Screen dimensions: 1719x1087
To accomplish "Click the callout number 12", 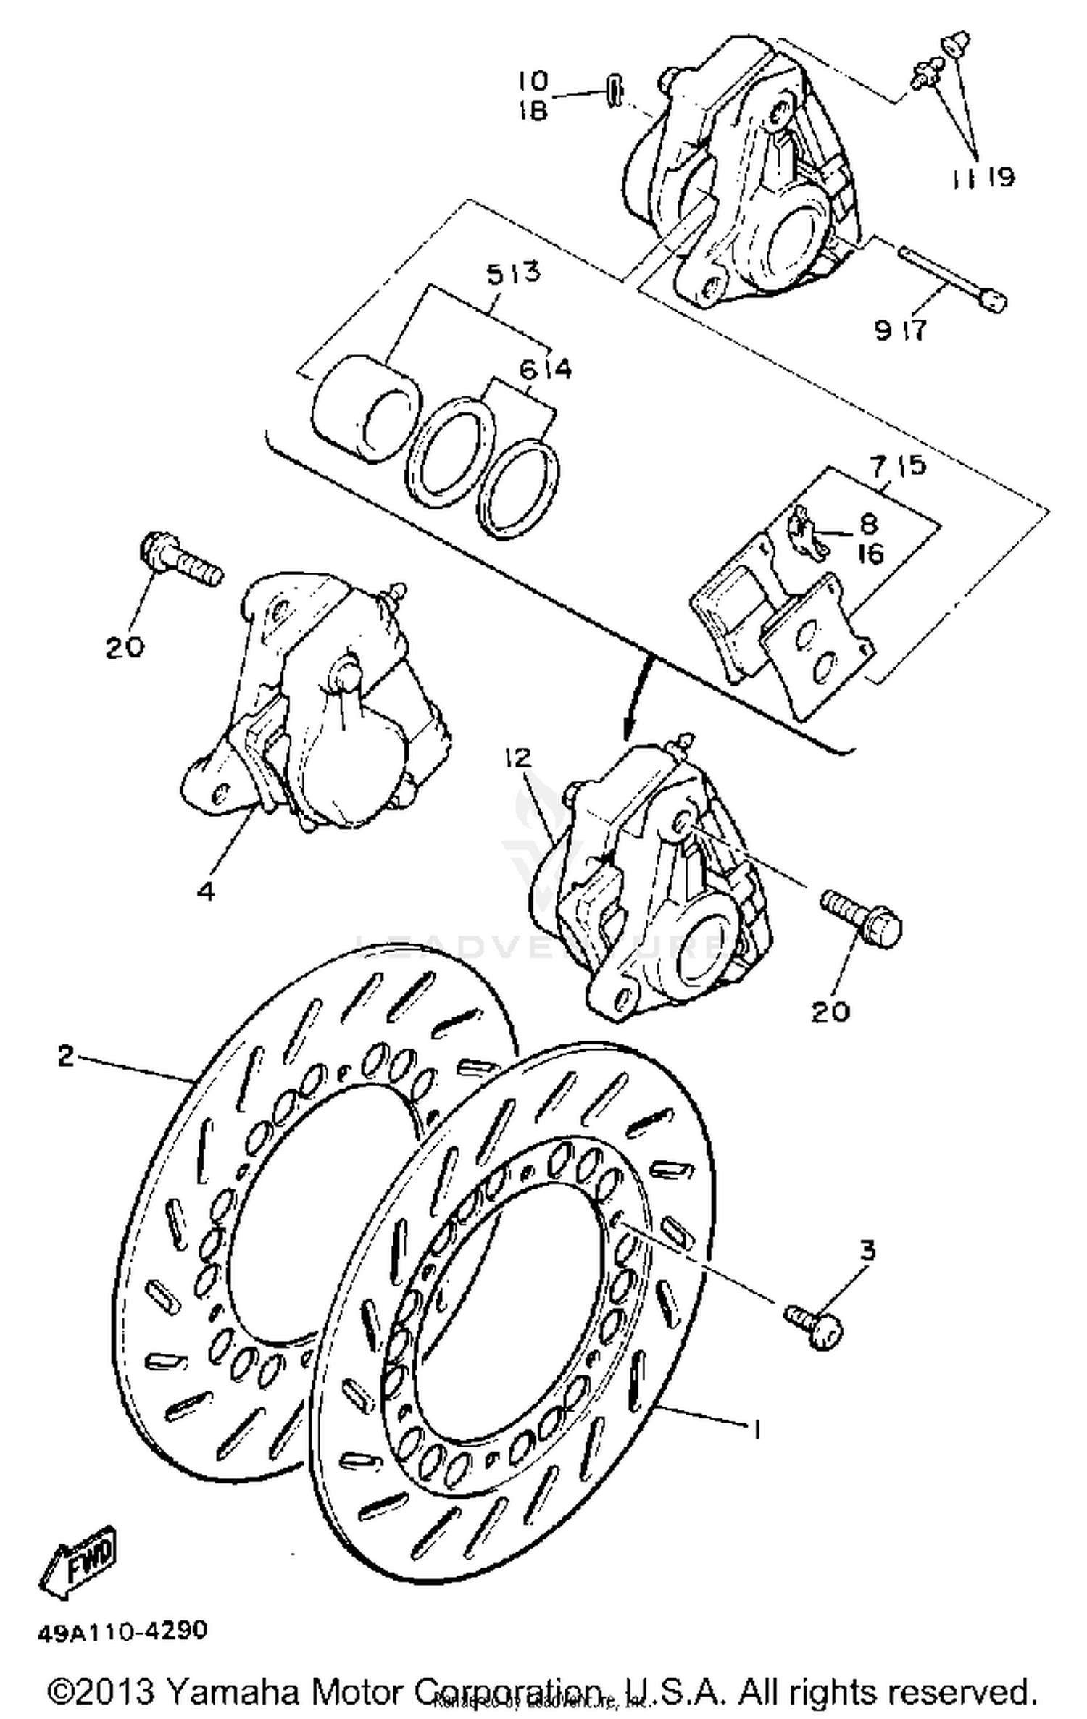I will (519, 759).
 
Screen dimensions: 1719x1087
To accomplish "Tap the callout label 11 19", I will (982, 176).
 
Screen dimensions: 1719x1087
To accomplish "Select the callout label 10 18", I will (534, 95).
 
